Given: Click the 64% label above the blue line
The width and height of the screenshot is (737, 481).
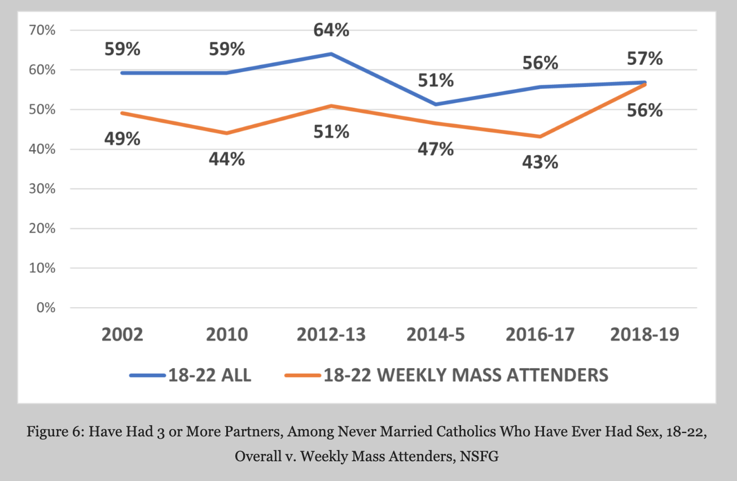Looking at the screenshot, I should [x=331, y=30].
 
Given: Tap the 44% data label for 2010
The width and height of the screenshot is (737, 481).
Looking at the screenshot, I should [x=227, y=159].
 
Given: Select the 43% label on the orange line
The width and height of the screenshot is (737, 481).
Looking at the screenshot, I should [x=540, y=163].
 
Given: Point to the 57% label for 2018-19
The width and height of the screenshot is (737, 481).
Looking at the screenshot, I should [x=644, y=59].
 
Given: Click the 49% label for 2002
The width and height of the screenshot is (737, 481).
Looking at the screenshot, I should [x=122, y=138].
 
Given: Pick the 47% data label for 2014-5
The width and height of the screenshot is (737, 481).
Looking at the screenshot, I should [x=436, y=150].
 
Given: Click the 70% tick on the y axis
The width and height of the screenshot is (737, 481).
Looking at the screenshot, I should [x=42, y=30].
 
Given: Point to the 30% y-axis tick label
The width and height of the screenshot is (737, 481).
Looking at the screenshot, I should [x=42, y=189].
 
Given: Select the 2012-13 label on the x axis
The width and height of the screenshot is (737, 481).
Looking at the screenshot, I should [x=331, y=334].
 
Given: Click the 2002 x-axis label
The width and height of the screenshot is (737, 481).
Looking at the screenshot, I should [x=122, y=334].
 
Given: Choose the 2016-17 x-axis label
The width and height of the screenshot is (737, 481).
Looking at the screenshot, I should [x=540, y=334].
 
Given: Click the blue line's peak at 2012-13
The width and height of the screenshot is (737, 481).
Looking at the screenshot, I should [x=331, y=54].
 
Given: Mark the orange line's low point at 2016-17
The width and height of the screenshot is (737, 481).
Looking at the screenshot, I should [x=540, y=137].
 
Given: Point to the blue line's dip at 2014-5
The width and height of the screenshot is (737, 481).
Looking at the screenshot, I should [x=436, y=104].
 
